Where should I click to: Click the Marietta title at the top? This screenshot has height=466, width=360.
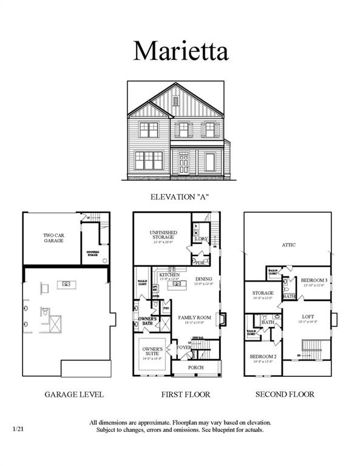point(180,51)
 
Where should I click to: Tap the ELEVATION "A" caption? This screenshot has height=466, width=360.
point(180,197)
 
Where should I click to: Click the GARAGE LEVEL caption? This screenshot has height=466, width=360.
point(74,394)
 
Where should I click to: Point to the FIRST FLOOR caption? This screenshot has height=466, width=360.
point(185,394)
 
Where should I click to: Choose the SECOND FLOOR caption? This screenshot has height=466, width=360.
point(285,394)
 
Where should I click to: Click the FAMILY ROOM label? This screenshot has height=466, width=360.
point(194,317)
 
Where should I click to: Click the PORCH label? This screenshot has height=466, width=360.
point(195,368)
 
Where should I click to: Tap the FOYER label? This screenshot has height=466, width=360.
point(184,348)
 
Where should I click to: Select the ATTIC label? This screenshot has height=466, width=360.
point(288,245)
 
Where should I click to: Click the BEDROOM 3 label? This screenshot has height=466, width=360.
point(314,280)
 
